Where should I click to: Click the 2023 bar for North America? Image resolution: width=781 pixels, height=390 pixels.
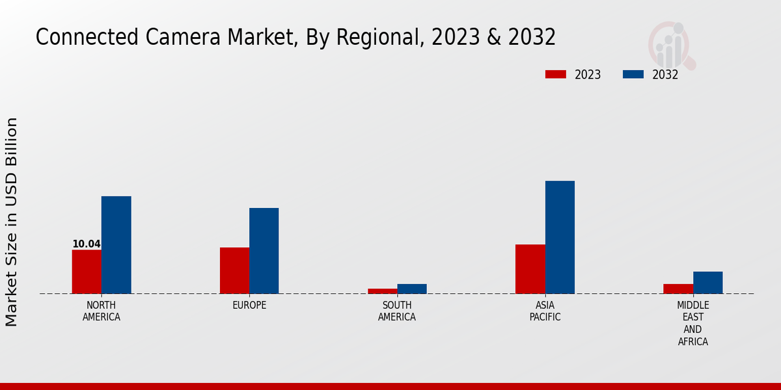coord(87,271)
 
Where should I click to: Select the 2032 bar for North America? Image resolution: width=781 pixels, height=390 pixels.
coord(116,244)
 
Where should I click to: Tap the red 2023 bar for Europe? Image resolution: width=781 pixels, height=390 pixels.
coord(234,270)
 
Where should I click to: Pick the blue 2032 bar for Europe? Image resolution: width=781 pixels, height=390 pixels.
coord(264,250)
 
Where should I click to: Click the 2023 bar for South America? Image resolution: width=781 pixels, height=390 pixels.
coord(382,291)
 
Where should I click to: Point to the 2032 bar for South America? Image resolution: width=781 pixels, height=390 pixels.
coord(412,289)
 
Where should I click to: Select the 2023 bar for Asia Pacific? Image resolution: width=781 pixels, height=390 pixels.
coord(530,268)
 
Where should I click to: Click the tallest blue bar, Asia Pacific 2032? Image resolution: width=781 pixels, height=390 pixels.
coord(560,237)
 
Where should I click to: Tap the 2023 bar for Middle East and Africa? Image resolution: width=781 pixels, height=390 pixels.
coord(678,289)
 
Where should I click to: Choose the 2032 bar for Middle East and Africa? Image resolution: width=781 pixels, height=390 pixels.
coord(707,282)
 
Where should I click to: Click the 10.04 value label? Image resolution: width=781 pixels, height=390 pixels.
coord(87,244)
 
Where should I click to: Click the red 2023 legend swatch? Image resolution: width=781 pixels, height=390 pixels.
coord(555,74)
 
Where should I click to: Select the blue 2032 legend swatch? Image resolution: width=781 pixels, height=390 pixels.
coord(633,74)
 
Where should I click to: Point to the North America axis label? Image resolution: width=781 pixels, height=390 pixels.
coord(101,311)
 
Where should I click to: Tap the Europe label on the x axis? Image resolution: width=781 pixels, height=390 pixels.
coord(249,305)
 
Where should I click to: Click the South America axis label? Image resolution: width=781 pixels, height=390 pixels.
coord(397,311)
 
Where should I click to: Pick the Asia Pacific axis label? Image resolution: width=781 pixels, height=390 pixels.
coord(545,311)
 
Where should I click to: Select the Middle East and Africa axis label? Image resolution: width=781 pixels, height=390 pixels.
coord(692,323)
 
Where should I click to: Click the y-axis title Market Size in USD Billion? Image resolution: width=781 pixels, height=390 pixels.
coord(12,222)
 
